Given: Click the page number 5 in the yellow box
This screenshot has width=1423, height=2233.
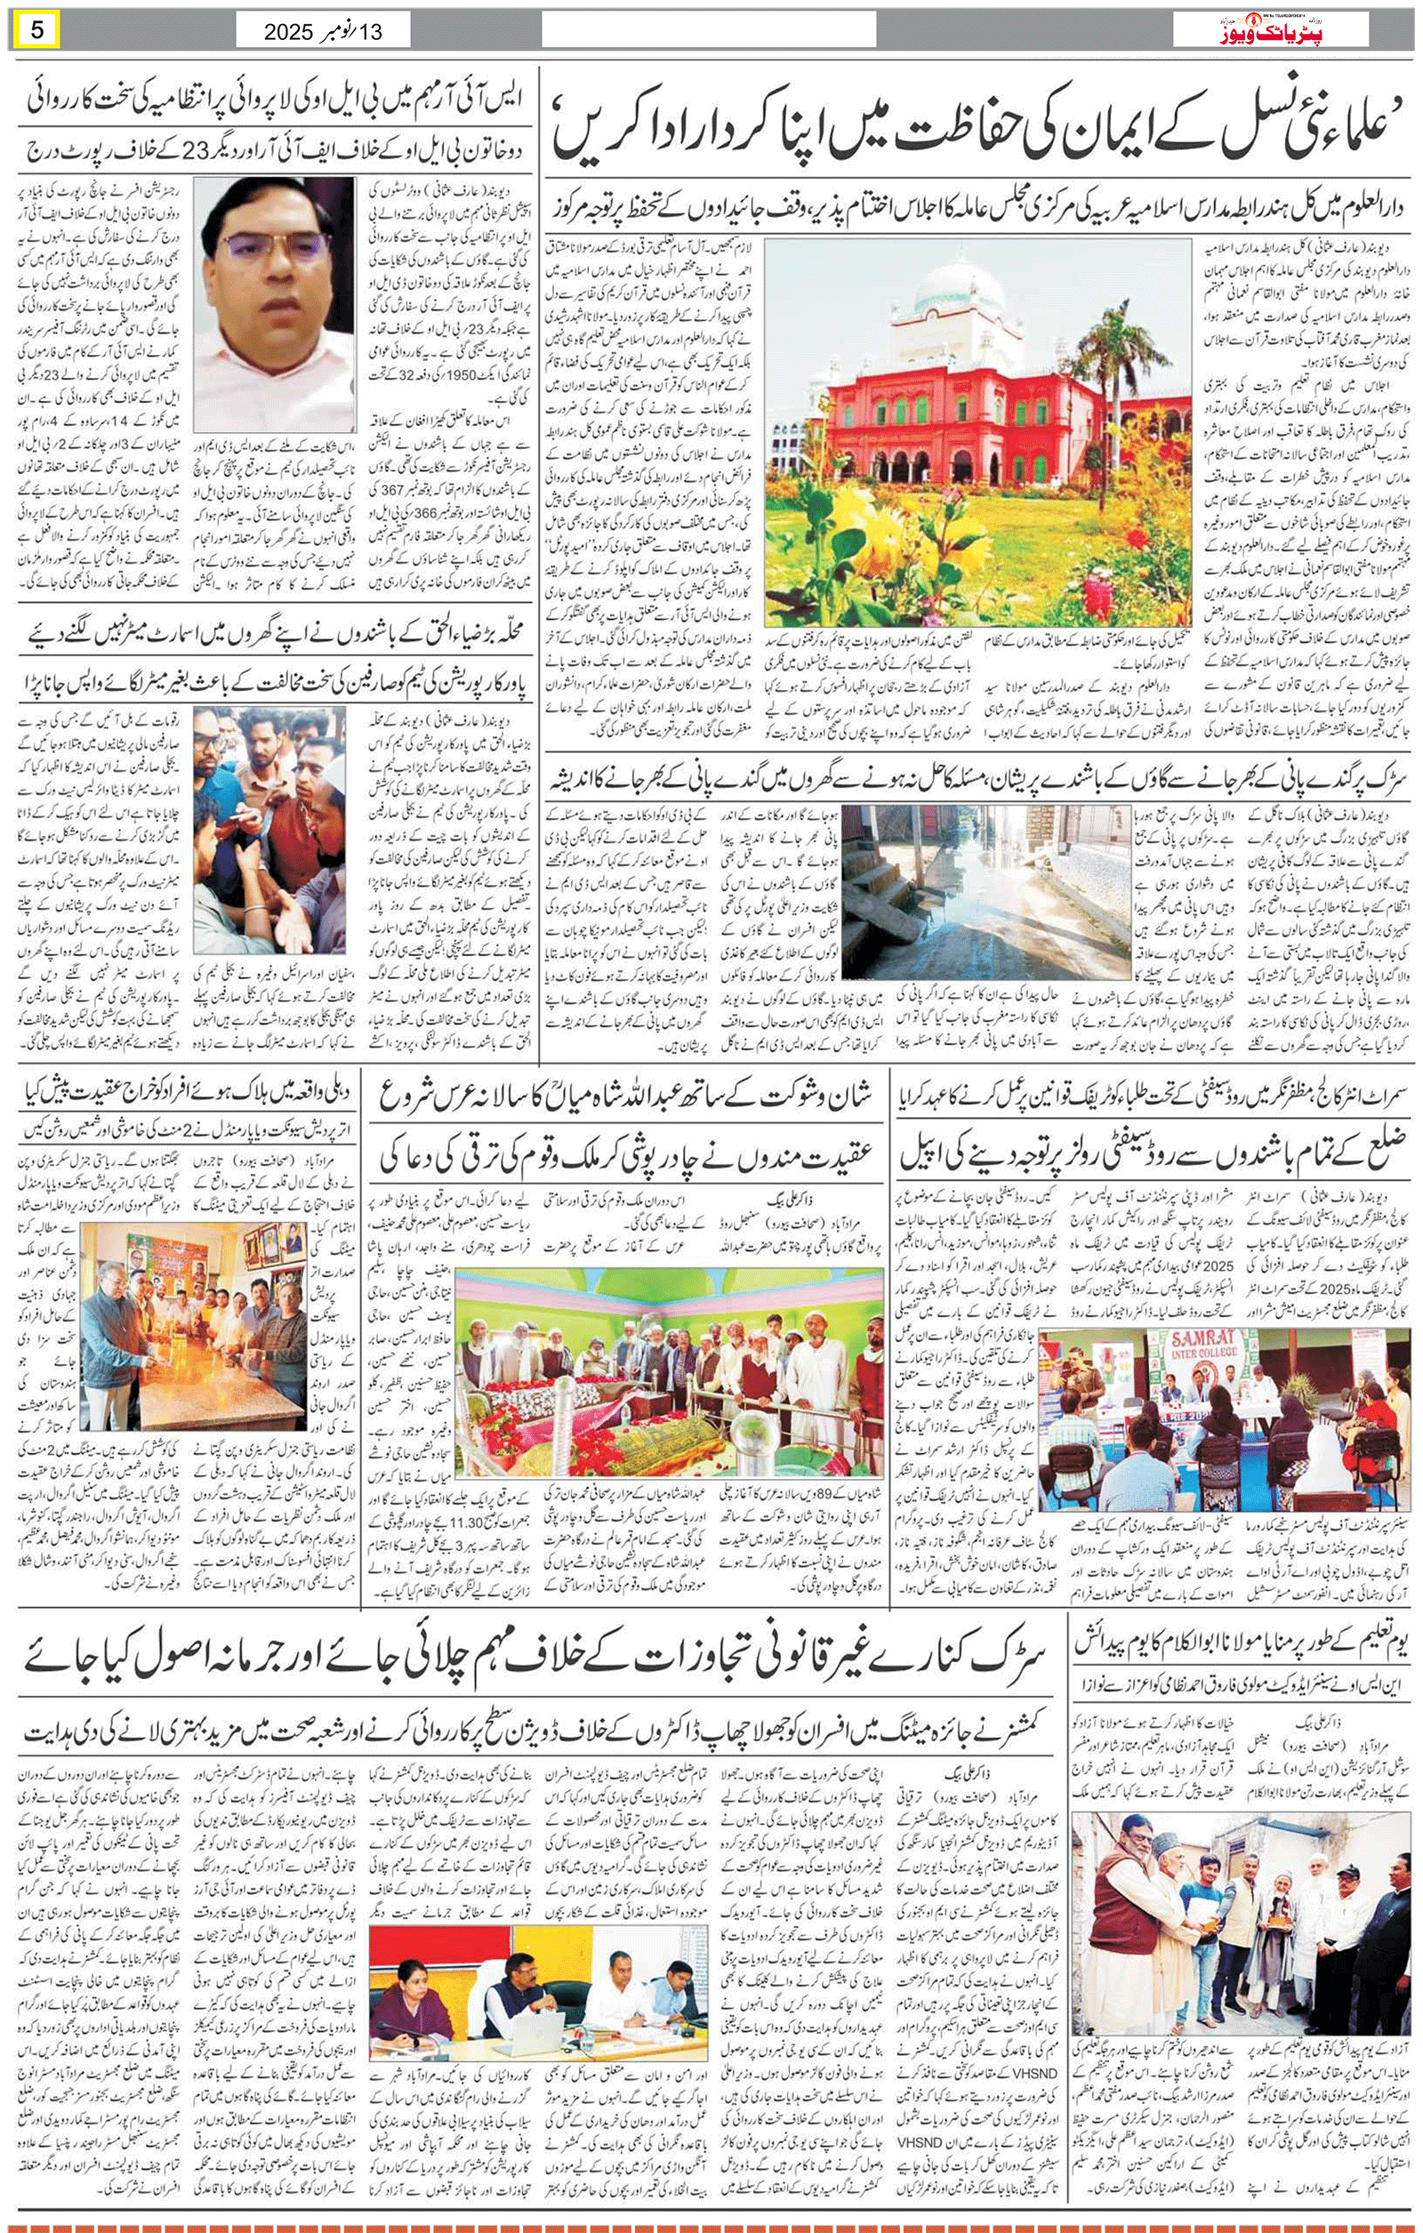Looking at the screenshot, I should (x=38, y=29).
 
